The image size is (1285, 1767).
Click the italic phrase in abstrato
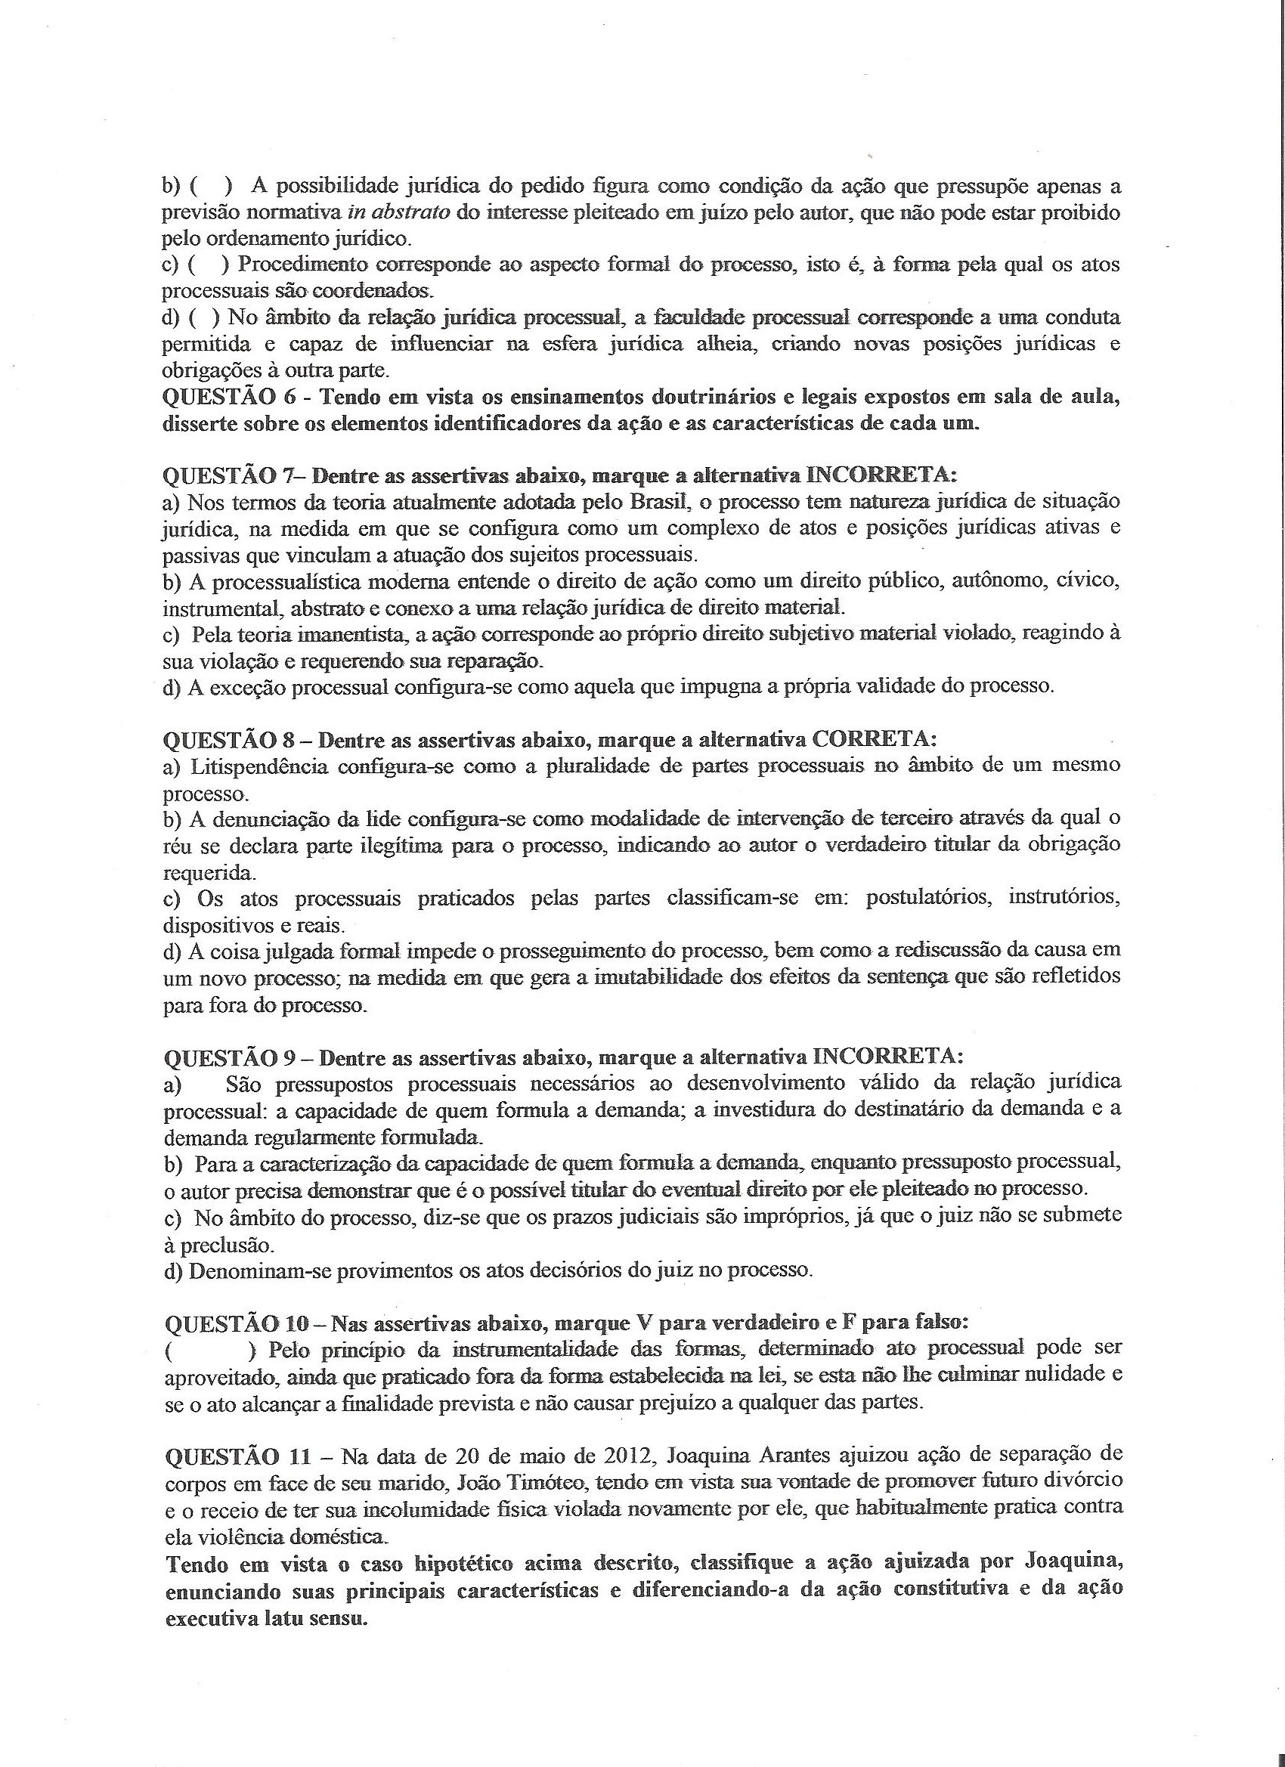tap(404, 212)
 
